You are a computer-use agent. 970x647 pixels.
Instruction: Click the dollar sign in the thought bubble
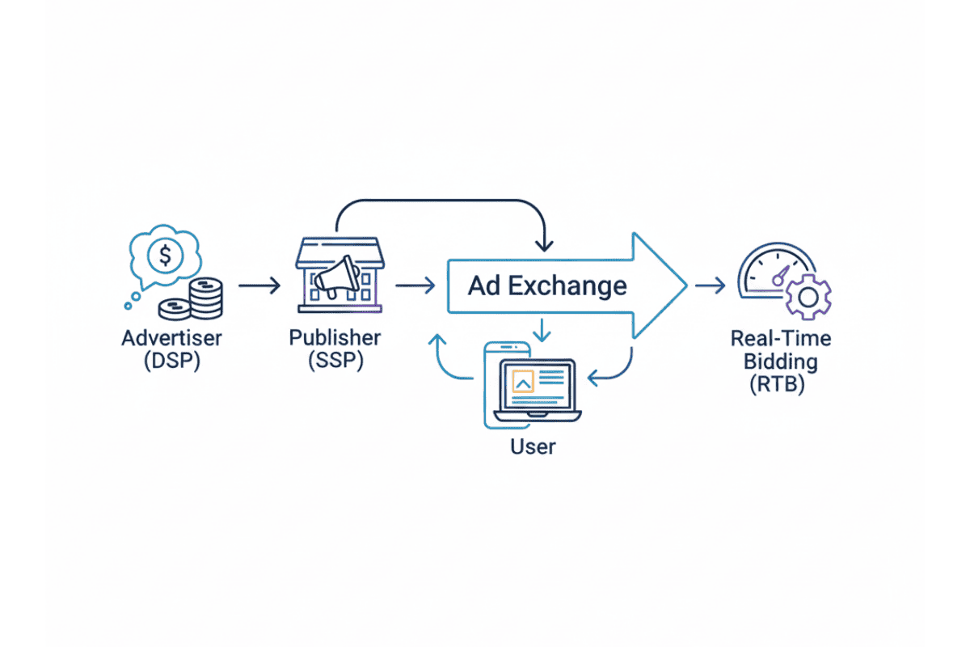[x=166, y=256]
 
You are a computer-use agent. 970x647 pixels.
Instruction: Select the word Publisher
[x=335, y=337]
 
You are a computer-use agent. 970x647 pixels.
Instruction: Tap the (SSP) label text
[x=335, y=361]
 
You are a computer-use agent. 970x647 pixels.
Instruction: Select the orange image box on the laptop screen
[x=523, y=380]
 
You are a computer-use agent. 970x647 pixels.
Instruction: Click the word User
[x=533, y=446]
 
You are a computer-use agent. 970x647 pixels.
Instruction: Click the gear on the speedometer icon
[x=807, y=297]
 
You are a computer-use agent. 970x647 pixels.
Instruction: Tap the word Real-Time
[x=780, y=337]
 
